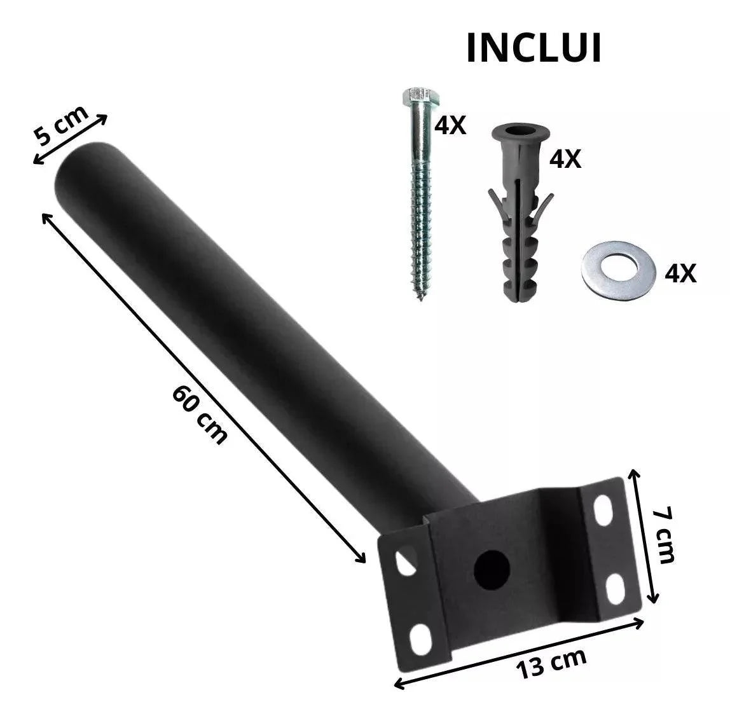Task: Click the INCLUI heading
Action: click(534, 49)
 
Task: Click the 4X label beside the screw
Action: click(450, 126)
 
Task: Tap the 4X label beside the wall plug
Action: click(565, 158)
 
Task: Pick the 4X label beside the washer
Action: click(680, 273)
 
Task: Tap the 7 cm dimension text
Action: click(665, 535)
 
